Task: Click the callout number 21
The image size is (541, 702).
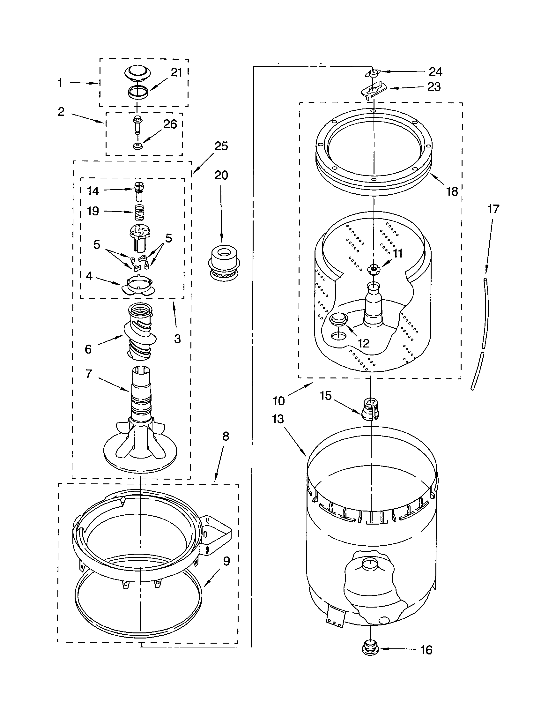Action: [x=176, y=73]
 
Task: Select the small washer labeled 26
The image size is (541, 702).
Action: [x=138, y=146]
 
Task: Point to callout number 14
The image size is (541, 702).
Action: [x=93, y=191]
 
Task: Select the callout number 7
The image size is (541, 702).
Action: [x=89, y=374]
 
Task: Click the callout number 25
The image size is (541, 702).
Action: [x=221, y=146]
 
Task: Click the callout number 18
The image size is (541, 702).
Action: [x=452, y=191]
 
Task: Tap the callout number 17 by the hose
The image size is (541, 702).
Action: [x=493, y=209]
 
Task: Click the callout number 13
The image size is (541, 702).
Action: [x=278, y=419]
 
